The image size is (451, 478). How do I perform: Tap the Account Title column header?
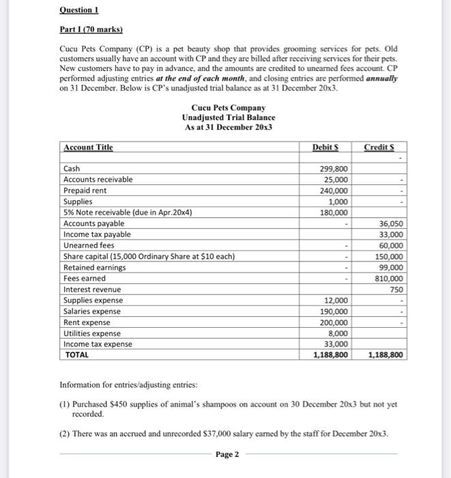click(88, 147)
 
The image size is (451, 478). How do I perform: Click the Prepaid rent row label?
click(85, 191)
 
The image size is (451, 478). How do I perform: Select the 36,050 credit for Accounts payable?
click(390, 223)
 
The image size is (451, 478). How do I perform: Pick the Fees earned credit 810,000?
click(388, 279)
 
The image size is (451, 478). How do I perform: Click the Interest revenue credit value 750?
click(396, 290)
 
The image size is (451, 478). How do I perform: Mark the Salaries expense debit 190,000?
click(334, 311)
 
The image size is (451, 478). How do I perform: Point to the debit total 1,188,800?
click(330, 355)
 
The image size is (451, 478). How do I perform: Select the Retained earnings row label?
click(94, 268)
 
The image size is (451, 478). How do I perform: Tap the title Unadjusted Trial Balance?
click(229, 117)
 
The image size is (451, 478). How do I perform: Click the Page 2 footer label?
click(227, 454)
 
